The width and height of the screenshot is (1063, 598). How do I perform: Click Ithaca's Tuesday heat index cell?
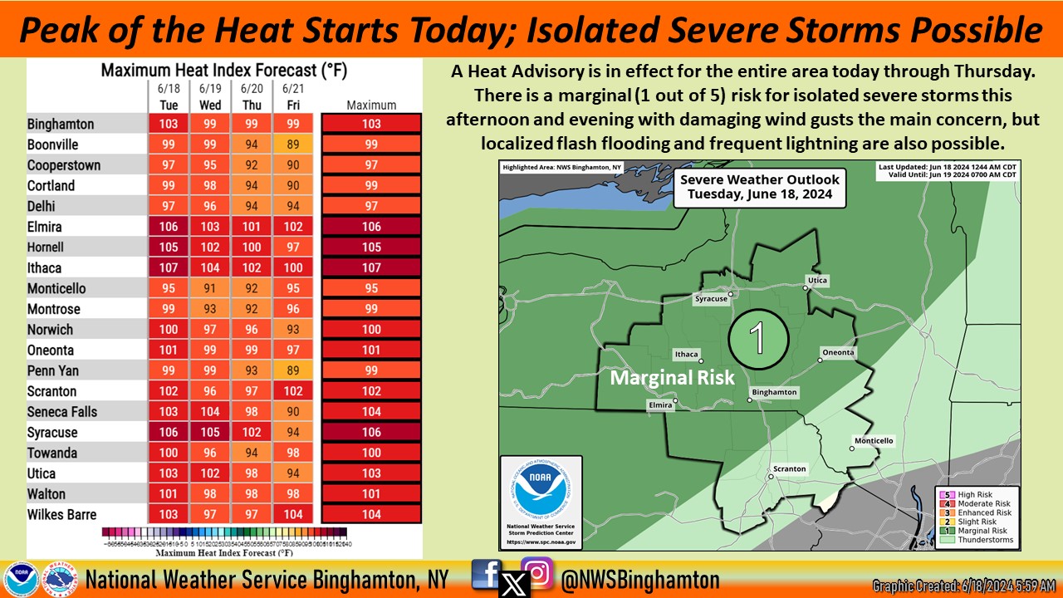click(169, 268)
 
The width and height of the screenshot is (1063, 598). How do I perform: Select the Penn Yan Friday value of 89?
click(292, 370)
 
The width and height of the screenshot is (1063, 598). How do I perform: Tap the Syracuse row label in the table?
click(52, 433)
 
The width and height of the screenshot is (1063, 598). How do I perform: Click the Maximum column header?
click(371, 105)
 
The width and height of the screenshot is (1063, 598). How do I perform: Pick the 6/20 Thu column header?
click(252, 96)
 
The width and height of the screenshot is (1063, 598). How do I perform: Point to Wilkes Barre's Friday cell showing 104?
click(292, 514)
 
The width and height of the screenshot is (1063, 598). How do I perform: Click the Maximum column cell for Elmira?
click(371, 227)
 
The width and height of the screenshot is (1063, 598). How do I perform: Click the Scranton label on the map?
click(789, 469)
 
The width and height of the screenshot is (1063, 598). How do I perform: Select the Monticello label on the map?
click(874, 440)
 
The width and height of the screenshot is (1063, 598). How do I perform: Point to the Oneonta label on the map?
click(838, 352)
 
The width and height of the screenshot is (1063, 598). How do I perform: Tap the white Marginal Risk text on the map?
click(673, 377)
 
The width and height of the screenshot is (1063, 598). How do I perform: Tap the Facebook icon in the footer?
click(486, 573)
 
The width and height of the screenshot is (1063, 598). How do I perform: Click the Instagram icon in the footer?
click(538, 573)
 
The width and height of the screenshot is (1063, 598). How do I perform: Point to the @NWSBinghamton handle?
click(640, 579)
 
